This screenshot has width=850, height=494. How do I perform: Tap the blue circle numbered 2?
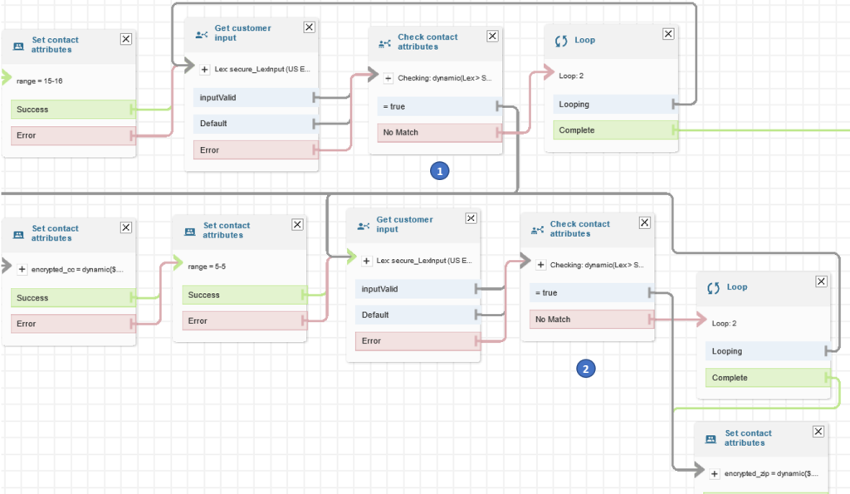[x=586, y=369]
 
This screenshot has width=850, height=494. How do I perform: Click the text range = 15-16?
[x=38, y=81]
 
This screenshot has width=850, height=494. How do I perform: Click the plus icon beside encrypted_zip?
[x=715, y=473]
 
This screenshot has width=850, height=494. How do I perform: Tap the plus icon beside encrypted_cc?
[x=22, y=269]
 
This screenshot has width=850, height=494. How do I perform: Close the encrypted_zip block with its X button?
[x=818, y=432]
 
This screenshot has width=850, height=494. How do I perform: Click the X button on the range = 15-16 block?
[x=126, y=38]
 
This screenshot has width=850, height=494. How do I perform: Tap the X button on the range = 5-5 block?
[x=297, y=224]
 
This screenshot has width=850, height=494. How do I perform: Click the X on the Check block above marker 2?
[x=644, y=223]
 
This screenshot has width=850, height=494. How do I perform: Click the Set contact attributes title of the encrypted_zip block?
[x=748, y=438]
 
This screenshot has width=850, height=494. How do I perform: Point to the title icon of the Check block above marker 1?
[x=384, y=42]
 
